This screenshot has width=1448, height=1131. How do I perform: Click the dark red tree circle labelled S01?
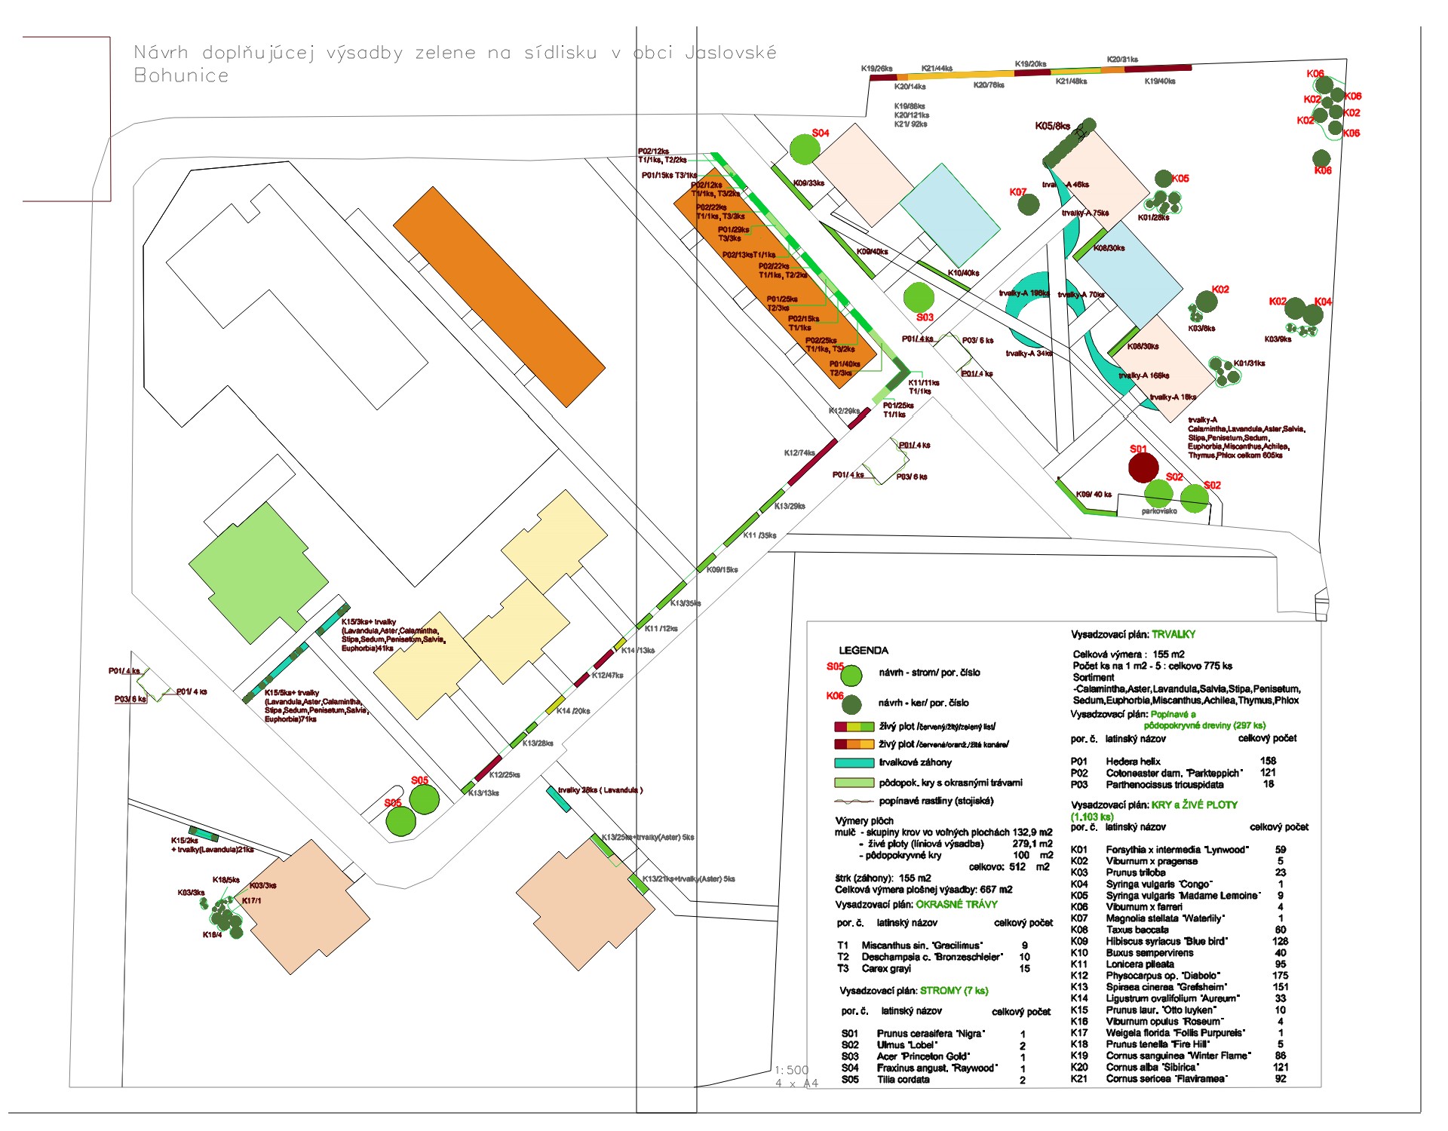pos(1143,467)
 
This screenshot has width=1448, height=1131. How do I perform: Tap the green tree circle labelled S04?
pos(805,149)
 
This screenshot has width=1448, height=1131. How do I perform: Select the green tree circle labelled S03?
pos(918,297)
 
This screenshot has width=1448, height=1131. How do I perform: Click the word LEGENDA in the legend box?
pos(864,650)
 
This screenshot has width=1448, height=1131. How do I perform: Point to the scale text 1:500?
pos(791,1070)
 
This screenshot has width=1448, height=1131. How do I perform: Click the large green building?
pos(258,572)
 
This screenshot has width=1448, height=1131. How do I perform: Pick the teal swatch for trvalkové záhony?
pos(854,763)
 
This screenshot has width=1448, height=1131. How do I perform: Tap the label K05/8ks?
pos(1052,126)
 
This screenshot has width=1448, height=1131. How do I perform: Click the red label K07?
pos(1017,192)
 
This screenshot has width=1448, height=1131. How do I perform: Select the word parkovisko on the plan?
pos(1159,511)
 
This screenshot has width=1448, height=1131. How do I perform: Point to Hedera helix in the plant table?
pos(1133,762)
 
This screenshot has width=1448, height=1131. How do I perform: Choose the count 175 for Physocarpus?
pos(1280,975)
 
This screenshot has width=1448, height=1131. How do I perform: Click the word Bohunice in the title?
pos(181,75)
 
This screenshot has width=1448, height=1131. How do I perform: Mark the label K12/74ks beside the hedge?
pos(799,453)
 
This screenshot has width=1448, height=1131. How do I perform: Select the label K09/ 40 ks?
pos(1093,495)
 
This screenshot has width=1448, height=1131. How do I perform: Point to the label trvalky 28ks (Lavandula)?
pos(600,790)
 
